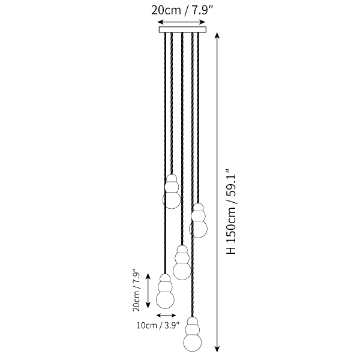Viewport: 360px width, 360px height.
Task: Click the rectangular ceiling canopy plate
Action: tap(182, 29)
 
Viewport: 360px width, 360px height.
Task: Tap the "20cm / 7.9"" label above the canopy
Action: tap(182, 11)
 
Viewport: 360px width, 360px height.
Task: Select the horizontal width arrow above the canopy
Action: tap(181, 22)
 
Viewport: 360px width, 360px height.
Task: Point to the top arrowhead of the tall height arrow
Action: tap(217, 36)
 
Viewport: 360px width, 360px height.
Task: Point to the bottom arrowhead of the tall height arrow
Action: tap(217, 349)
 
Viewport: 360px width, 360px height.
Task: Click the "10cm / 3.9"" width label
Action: tap(158, 325)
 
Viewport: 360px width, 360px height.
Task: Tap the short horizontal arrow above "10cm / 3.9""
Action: tap(166, 315)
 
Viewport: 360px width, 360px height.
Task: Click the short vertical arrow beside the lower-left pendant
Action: tap(148, 290)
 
